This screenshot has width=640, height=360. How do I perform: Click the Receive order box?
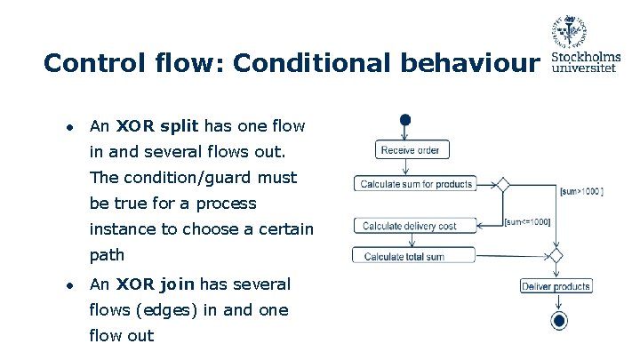410,150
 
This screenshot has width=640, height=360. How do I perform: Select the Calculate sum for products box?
415,184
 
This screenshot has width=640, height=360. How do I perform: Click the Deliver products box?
556,286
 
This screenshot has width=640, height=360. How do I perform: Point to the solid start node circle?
406,120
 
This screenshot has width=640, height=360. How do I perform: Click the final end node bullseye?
558,321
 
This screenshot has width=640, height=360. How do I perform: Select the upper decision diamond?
502,185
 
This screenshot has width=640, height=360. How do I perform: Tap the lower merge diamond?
556,256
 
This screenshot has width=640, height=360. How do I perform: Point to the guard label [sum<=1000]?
527,221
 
